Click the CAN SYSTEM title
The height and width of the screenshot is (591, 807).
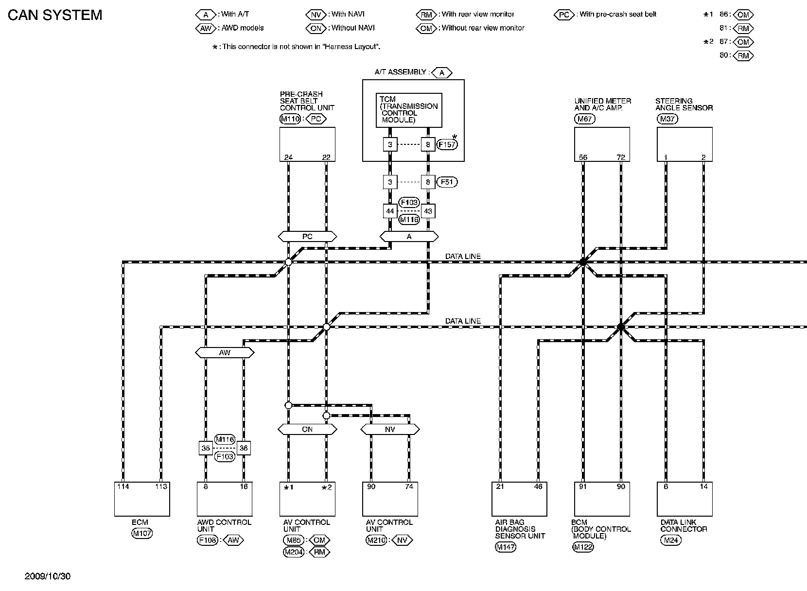pyautogui.click(x=55, y=15)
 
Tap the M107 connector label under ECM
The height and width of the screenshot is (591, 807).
pyautogui.click(x=142, y=533)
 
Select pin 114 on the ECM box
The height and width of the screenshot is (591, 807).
pyautogui.click(x=123, y=487)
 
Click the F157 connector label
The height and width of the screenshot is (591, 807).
pyautogui.click(x=447, y=144)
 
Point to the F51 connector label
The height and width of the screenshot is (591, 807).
pyautogui.click(x=447, y=182)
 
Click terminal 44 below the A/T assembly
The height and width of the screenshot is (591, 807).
pyautogui.click(x=390, y=211)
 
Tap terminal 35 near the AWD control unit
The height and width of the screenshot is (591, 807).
pyautogui.click(x=206, y=448)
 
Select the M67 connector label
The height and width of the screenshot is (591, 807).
pyautogui.click(x=584, y=119)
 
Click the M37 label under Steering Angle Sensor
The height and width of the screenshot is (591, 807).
pyautogui.click(x=667, y=119)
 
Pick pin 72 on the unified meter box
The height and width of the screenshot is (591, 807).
pyautogui.click(x=621, y=157)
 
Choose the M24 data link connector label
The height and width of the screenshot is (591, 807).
pyautogui.click(x=670, y=540)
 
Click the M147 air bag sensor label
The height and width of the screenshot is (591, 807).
pyautogui.click(x=505, y=547)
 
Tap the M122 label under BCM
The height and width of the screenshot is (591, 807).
pyautogui.click(x=582, y=547)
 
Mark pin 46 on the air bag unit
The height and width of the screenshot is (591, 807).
pyautogui.click(x=538, y=487)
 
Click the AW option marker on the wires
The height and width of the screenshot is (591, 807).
pyautogui.click(x=225, y=352)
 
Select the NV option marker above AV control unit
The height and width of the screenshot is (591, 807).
pyautogui.click(x=390, y=429)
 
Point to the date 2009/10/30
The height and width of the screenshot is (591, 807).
pyautogui.click(x=48, y=576)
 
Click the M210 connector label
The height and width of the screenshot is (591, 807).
pyautogui.click(x=375, y=540)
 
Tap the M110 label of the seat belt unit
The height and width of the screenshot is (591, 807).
pyautogui.click(x=290, y=119)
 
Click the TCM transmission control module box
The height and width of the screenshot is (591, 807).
pyautogui.click(x=409, y=110)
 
